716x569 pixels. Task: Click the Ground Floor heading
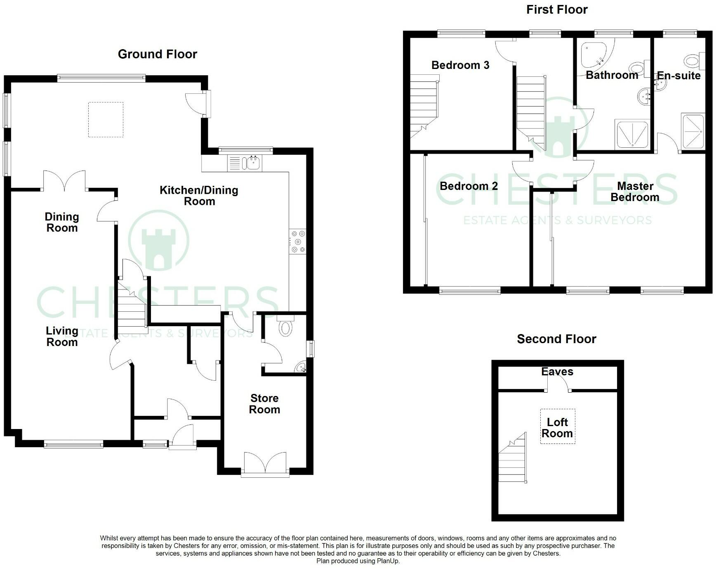click(157, 54)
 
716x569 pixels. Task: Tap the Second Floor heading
click(556, 339)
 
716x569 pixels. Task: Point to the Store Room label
click(264, 404)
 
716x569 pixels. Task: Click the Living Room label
click(62, 336)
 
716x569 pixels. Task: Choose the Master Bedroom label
click(635, 192)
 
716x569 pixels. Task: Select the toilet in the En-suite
click(693, 61)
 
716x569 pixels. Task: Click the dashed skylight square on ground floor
click(106, 120)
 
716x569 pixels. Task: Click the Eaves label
click(557, 372)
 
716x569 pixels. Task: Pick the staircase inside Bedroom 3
click(423, 107)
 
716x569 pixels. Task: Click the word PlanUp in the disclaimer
click(388, 561)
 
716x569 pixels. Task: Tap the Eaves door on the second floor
click(558, 385)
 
